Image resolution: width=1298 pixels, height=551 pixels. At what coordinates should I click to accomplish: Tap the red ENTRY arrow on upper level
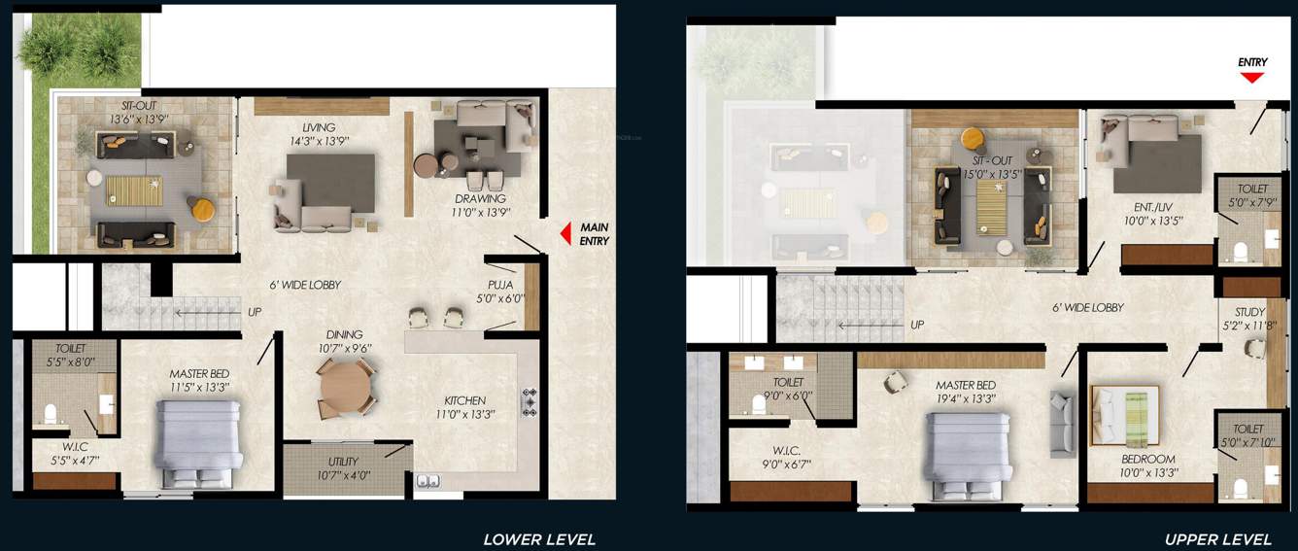1252,78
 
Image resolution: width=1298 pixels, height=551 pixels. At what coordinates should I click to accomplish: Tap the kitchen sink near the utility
427,480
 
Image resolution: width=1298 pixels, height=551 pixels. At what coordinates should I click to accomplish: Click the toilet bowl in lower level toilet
51,416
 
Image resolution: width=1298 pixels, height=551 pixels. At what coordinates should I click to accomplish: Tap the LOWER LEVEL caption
539,539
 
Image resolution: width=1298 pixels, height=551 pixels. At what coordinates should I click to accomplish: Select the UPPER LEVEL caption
1217,539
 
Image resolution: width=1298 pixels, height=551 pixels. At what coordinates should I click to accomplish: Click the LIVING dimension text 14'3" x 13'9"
318,141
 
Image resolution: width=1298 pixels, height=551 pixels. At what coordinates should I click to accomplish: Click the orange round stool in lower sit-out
202,208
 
